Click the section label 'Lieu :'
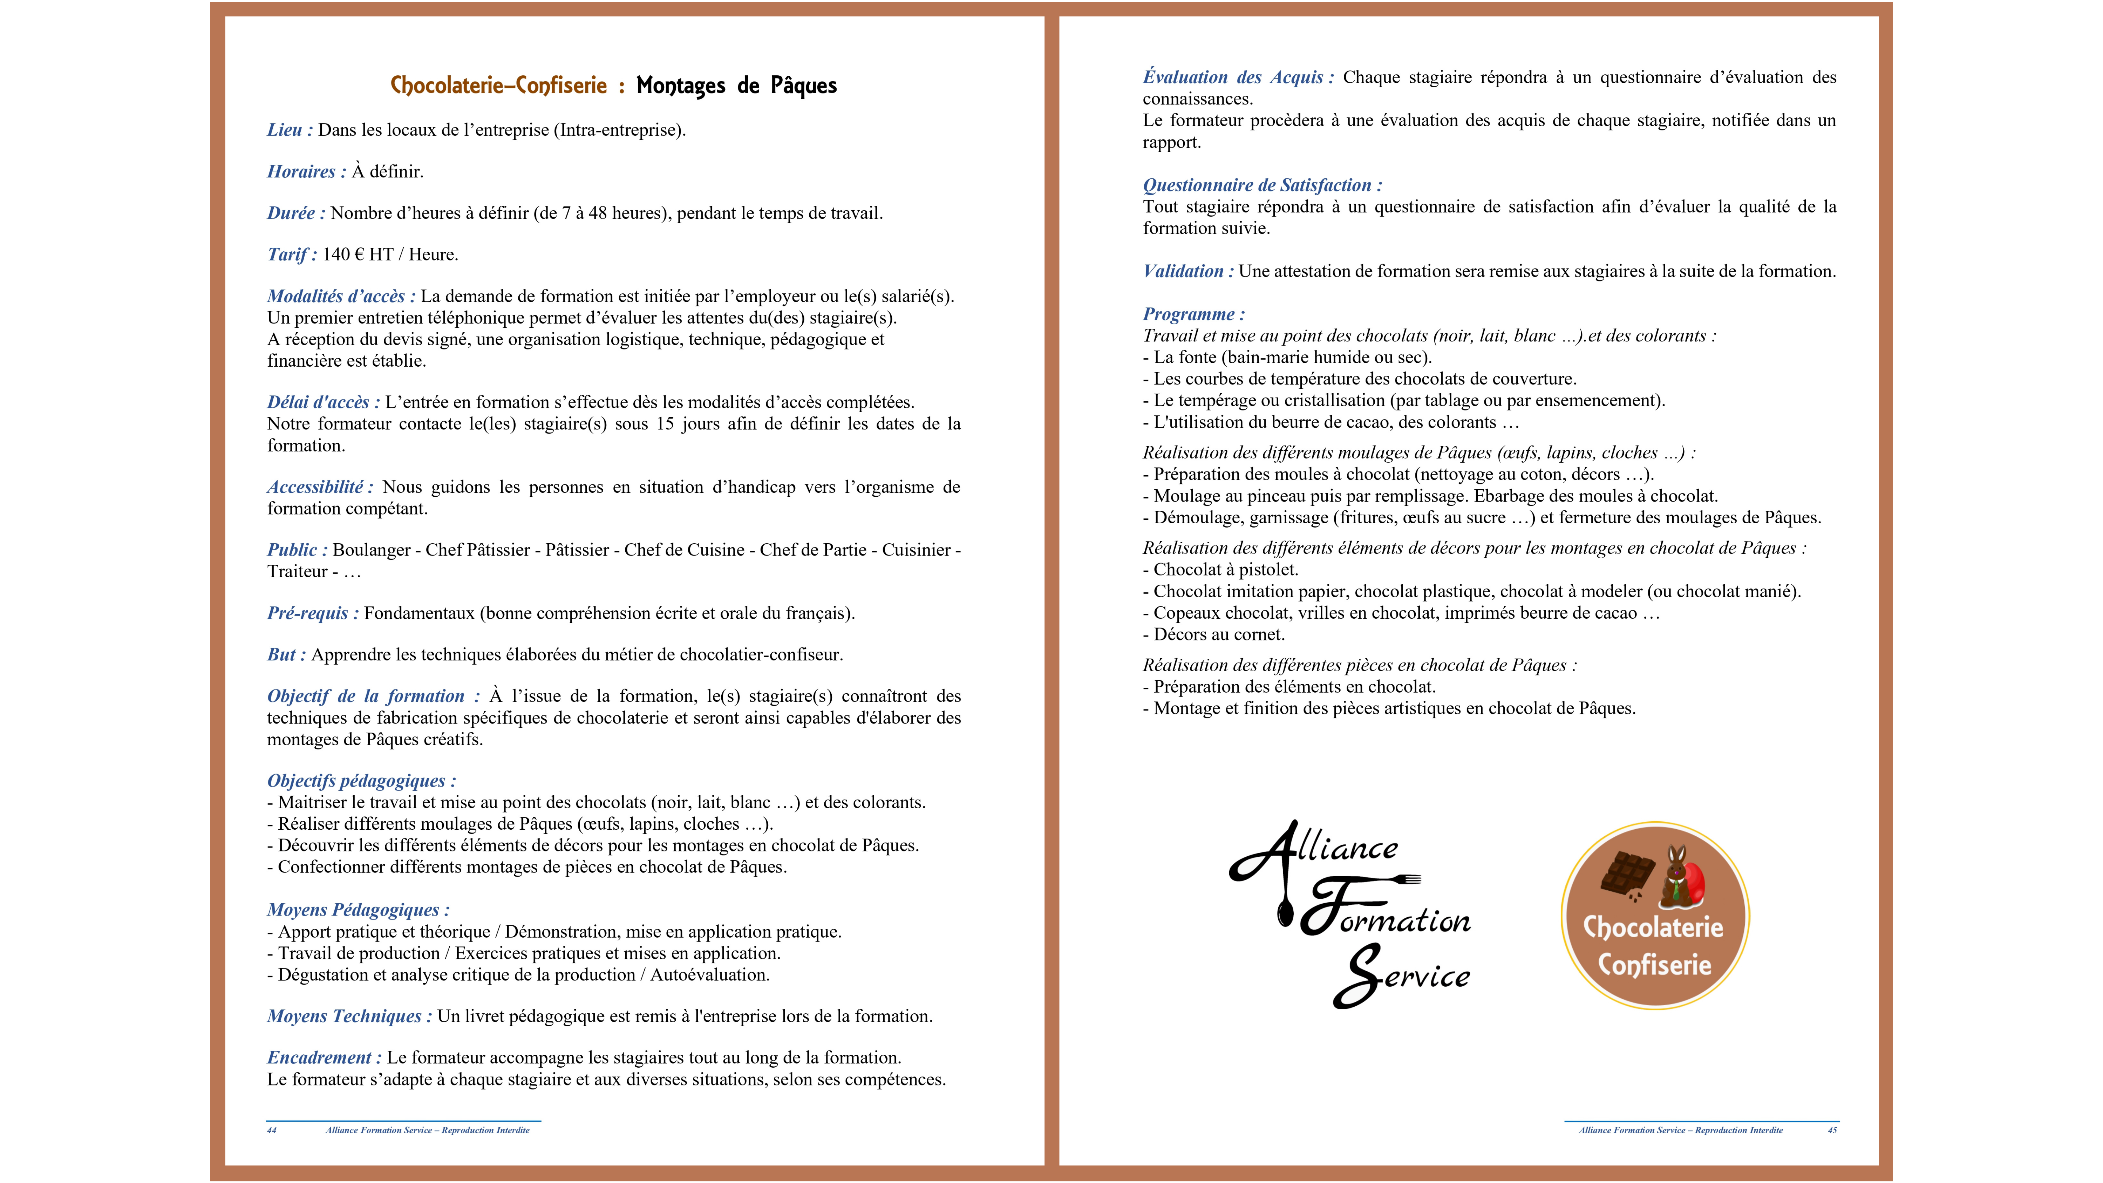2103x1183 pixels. (x=289, y=130)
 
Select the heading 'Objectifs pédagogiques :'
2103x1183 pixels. (x=361, y=781)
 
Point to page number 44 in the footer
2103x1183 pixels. (x=272, y=1131)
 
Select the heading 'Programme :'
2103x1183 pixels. (x=1193, y=314)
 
